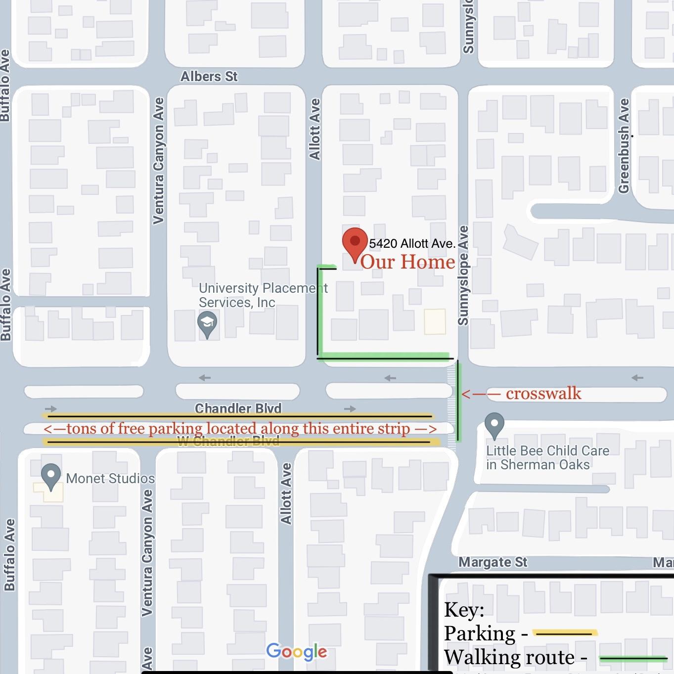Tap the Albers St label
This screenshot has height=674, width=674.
(209, 77)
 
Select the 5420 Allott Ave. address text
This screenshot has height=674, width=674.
(412, 243)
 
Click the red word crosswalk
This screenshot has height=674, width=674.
(543, 394)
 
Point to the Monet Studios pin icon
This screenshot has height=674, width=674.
(51, 477)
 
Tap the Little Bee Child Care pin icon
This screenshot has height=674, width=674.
(494, 425)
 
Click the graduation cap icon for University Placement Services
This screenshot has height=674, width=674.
(207, 324)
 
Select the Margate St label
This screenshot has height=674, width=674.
(493, 562)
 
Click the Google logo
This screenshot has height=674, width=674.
(297, 652)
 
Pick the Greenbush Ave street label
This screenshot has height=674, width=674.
(624, 146)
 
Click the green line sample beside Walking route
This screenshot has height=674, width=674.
(632, 658)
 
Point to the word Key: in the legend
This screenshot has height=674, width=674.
(464, 610)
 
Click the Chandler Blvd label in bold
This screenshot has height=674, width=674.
(238, 408)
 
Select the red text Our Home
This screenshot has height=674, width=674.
(407, 262)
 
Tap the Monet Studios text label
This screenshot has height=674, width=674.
(110, 479)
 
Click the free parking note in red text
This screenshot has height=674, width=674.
(240, 429)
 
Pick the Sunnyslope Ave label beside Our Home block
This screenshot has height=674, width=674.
(463, 275)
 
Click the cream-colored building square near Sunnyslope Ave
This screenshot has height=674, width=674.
(435, 321)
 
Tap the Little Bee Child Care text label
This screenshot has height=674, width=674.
(547, 457)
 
